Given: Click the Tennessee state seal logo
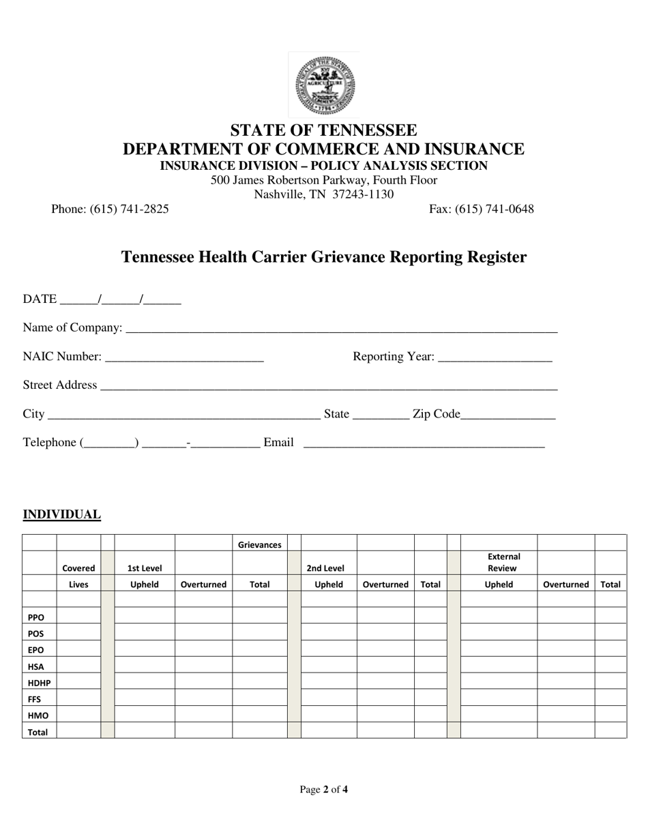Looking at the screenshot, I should (x=324, y=85).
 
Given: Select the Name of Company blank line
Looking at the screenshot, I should (x=341, y=328).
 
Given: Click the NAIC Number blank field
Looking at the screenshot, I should (x=184, y=357).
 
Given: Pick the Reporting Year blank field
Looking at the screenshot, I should (x=495, y=357).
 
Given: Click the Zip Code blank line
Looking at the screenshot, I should (x=508, y=414).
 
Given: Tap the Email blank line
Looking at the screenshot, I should (x=423, y=443).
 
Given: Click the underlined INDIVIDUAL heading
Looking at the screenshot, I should (x=62, y=514).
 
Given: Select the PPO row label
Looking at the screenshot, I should (x=36, y=617).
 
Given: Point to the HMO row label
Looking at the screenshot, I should (x=38, y=716).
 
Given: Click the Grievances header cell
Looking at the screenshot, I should (x=259, y=545).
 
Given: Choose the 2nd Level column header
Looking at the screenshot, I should (x=325, y=568).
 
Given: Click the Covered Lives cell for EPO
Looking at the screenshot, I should (x=78, y=649).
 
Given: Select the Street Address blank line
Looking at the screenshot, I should (x=328, y=385).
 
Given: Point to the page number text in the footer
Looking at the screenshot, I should (x=324, y=790).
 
